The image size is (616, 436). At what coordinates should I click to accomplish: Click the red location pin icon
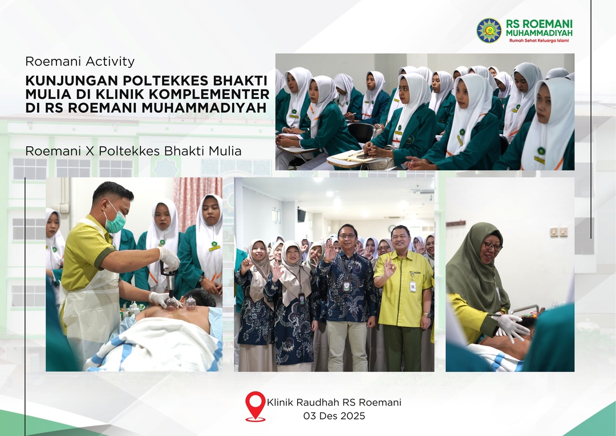tap(255, 405)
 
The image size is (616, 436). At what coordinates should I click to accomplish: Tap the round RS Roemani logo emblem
tap(489, 30)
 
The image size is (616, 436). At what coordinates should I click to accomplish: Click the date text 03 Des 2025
tap(334, 416)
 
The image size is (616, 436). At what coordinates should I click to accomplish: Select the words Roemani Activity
tap(80, 61)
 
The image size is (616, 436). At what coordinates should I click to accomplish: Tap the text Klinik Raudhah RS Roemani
tap(334, 402)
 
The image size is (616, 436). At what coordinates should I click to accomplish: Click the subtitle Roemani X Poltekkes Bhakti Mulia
tap(133, 151)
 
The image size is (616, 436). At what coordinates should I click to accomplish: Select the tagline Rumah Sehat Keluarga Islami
tap(539, 41)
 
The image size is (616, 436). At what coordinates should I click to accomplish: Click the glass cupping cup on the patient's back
tap(191, 303)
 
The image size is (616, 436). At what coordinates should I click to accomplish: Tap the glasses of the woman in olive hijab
tap(492, 246)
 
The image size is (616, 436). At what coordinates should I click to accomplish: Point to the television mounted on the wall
tap(301, 215)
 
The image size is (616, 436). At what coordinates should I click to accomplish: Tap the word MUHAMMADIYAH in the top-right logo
tap(539, 33)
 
